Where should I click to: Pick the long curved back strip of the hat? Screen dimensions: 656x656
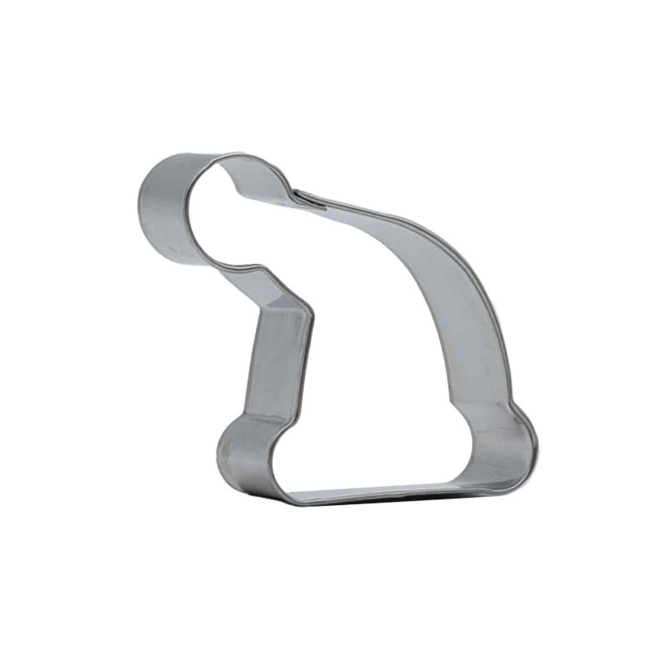coord(459,295)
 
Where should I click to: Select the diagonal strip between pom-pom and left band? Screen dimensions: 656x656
coord(283,287)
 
